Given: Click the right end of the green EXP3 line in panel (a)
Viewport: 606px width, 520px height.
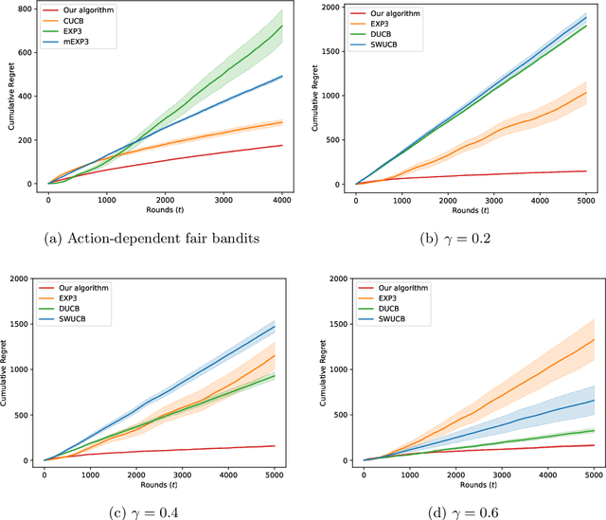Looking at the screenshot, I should click(281, 26).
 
